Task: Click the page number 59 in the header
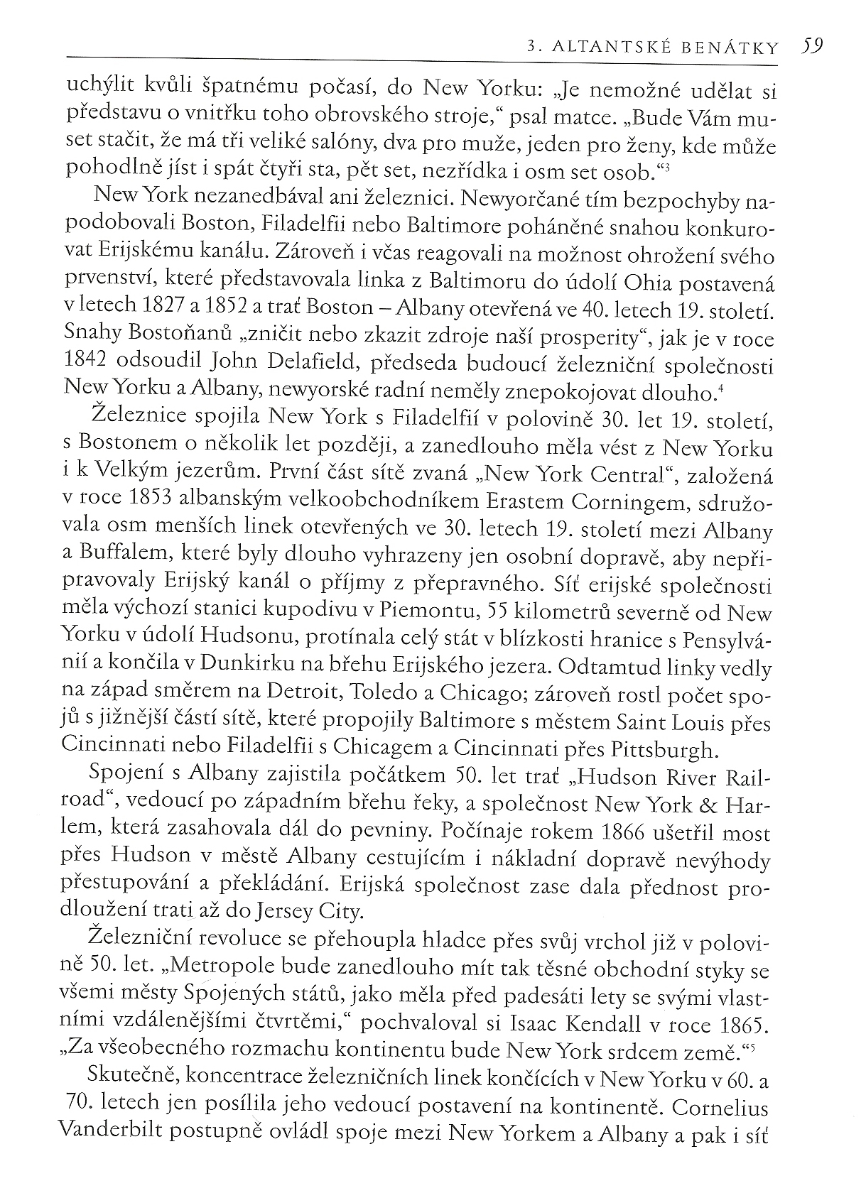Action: [x=810, y=46]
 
